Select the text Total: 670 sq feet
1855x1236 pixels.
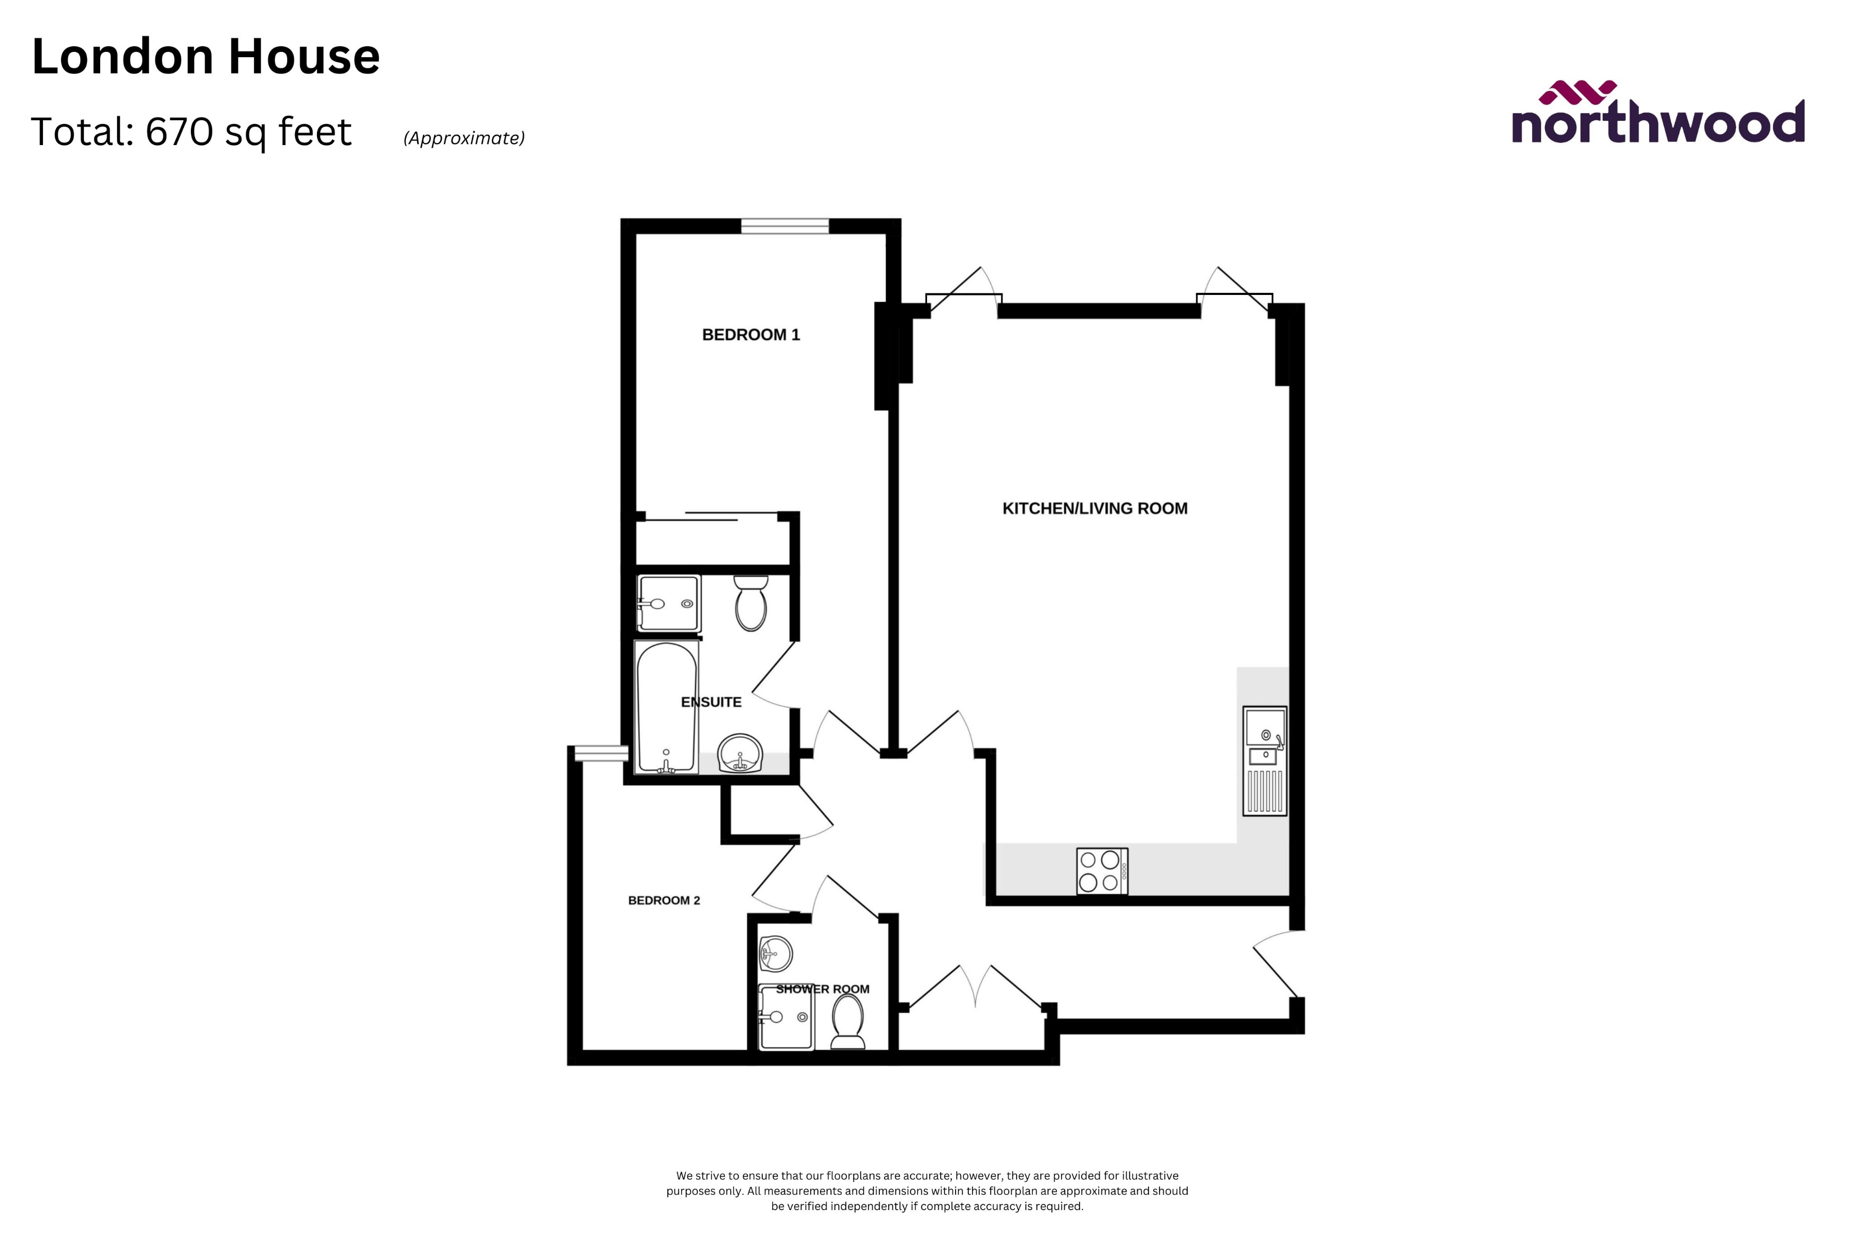[191, 132]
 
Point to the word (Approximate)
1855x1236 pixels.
[464, 138]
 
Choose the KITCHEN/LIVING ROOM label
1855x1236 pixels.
[1094, 508]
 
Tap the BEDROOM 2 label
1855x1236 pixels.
[664, 900]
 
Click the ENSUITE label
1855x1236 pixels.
[711, 702]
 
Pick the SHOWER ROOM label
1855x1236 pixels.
[823, 989]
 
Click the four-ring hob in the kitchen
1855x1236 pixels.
[1102, 871]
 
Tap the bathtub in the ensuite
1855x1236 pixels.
[666, 707]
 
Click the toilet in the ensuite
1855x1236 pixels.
[751, 603]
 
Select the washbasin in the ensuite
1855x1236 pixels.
[740, 754]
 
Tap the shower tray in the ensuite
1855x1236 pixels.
[669, 603]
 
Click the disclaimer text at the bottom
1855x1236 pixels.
[927, 1191]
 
